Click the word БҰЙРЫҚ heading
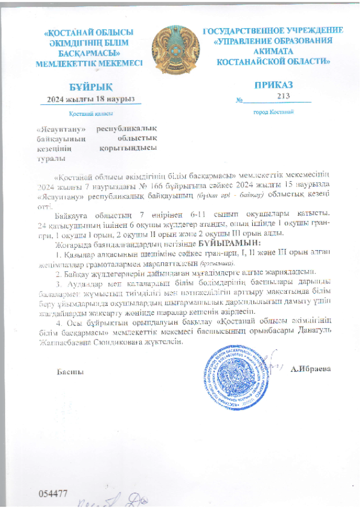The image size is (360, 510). click(91, 87)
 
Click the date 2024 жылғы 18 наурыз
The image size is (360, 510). click(91, 99)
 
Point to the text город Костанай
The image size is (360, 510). click(274, 112)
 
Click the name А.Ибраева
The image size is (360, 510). click(319, 368)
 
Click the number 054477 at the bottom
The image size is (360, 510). click(53, 493)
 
